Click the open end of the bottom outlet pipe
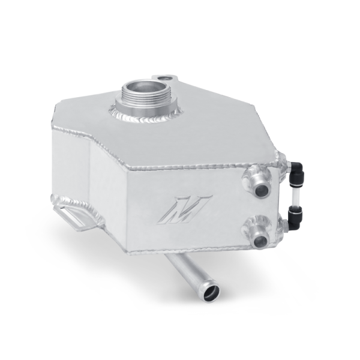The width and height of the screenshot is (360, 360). coord(211,293)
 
